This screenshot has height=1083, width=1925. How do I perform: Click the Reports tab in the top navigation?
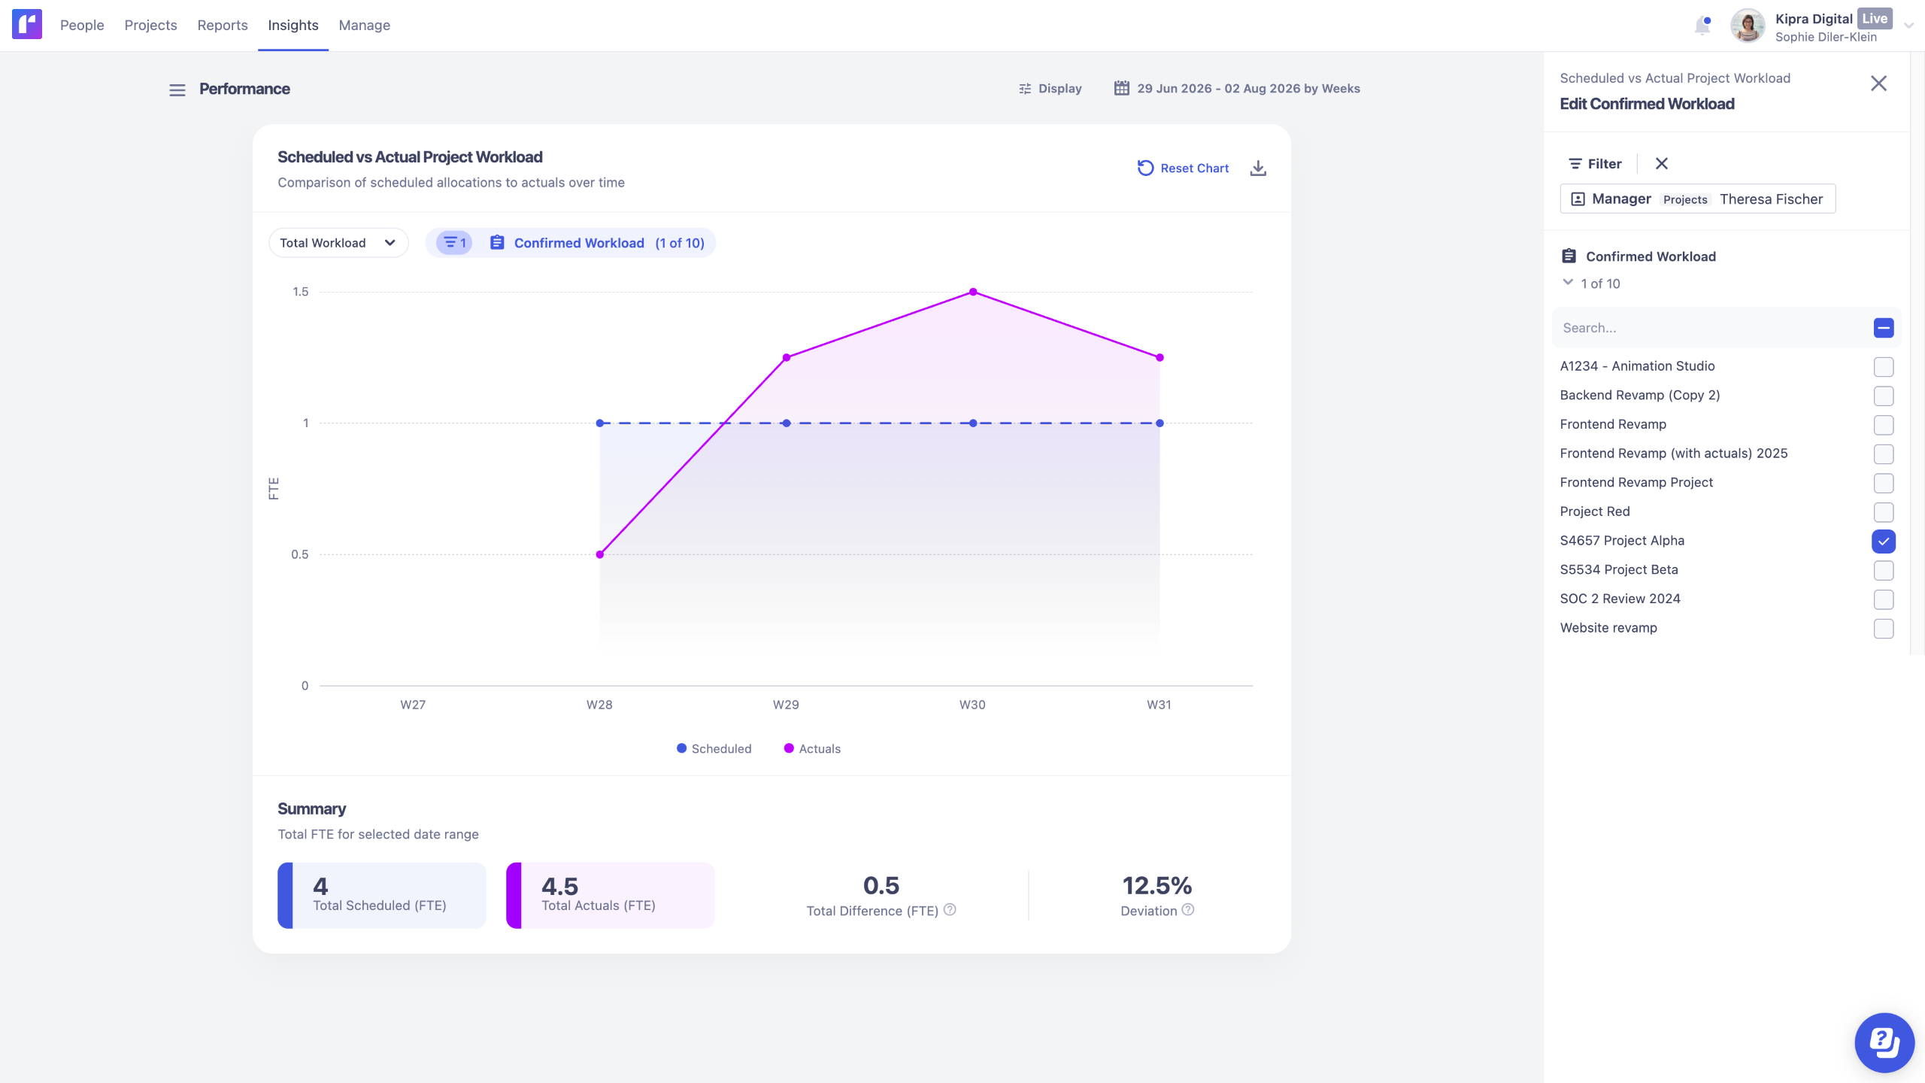[x=223, y=25]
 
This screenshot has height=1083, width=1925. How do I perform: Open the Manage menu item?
[x=365, y=25]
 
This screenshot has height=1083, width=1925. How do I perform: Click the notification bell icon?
[x=1702, y=26]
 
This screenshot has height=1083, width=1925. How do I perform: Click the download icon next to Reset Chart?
[x=1258, y=168]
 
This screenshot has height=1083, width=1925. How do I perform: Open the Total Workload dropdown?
[x=338, y=243]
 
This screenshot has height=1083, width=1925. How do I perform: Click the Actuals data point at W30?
[x=973, y=292]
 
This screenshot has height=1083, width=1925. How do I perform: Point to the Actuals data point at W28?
[x=600, y=554]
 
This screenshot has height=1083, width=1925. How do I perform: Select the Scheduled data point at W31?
[x=1160, y=423]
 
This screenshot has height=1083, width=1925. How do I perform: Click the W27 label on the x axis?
[x=413, y=705]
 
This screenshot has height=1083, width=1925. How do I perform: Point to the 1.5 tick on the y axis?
[x=301, y=292]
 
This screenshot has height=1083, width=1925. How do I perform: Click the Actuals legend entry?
[x=812, y=748]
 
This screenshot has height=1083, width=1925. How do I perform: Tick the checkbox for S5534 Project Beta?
[x=1884, y=571]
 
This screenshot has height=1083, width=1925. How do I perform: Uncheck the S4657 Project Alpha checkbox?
[x=1884, y=541]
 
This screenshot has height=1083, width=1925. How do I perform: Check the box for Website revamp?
[x=1884, y=629]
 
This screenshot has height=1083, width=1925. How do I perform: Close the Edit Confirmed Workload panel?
[x=1878, y=83]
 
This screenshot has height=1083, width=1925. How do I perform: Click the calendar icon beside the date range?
[x=1121, y=88]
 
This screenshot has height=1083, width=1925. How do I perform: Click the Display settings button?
[x=1050, y=89]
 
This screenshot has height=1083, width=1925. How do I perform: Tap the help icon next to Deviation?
[x=1188, y=910]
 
